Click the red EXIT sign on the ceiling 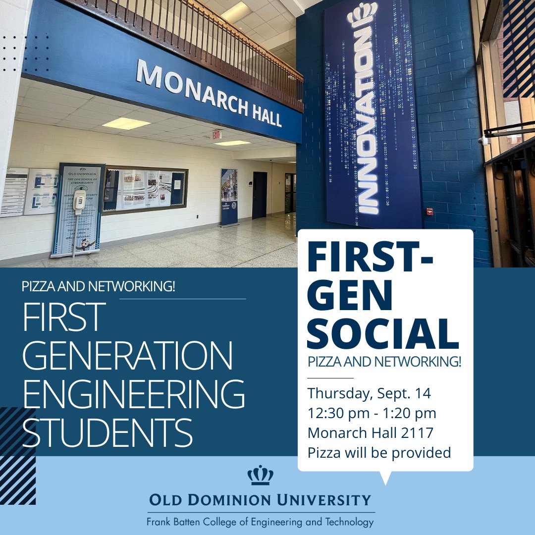pyautogui.click(x=216, y=134)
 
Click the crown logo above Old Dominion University pyautogui.click(x=260, y=476)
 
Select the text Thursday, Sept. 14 pyautogui.click(x=369, y=394)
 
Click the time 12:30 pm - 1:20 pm pyautogui.click(x=372, y=413)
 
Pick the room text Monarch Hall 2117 pyautogui.click(x=370, y=433)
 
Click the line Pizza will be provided pyautogui.click(x=379, y=452)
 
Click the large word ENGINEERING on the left pyautogui.click(x=134, y=394)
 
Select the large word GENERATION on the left pyautogui.click(x=128, y=355)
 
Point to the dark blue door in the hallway pyautogui.click(x=259, y=195)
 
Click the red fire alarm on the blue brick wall pyautogui.click(x=429, y=212)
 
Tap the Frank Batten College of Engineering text pyautogui.click(x=260, y=522)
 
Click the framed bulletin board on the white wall pyautogui.click(x=145, y=189)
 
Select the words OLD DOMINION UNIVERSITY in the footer pyautogui.click(x=260, y=499)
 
